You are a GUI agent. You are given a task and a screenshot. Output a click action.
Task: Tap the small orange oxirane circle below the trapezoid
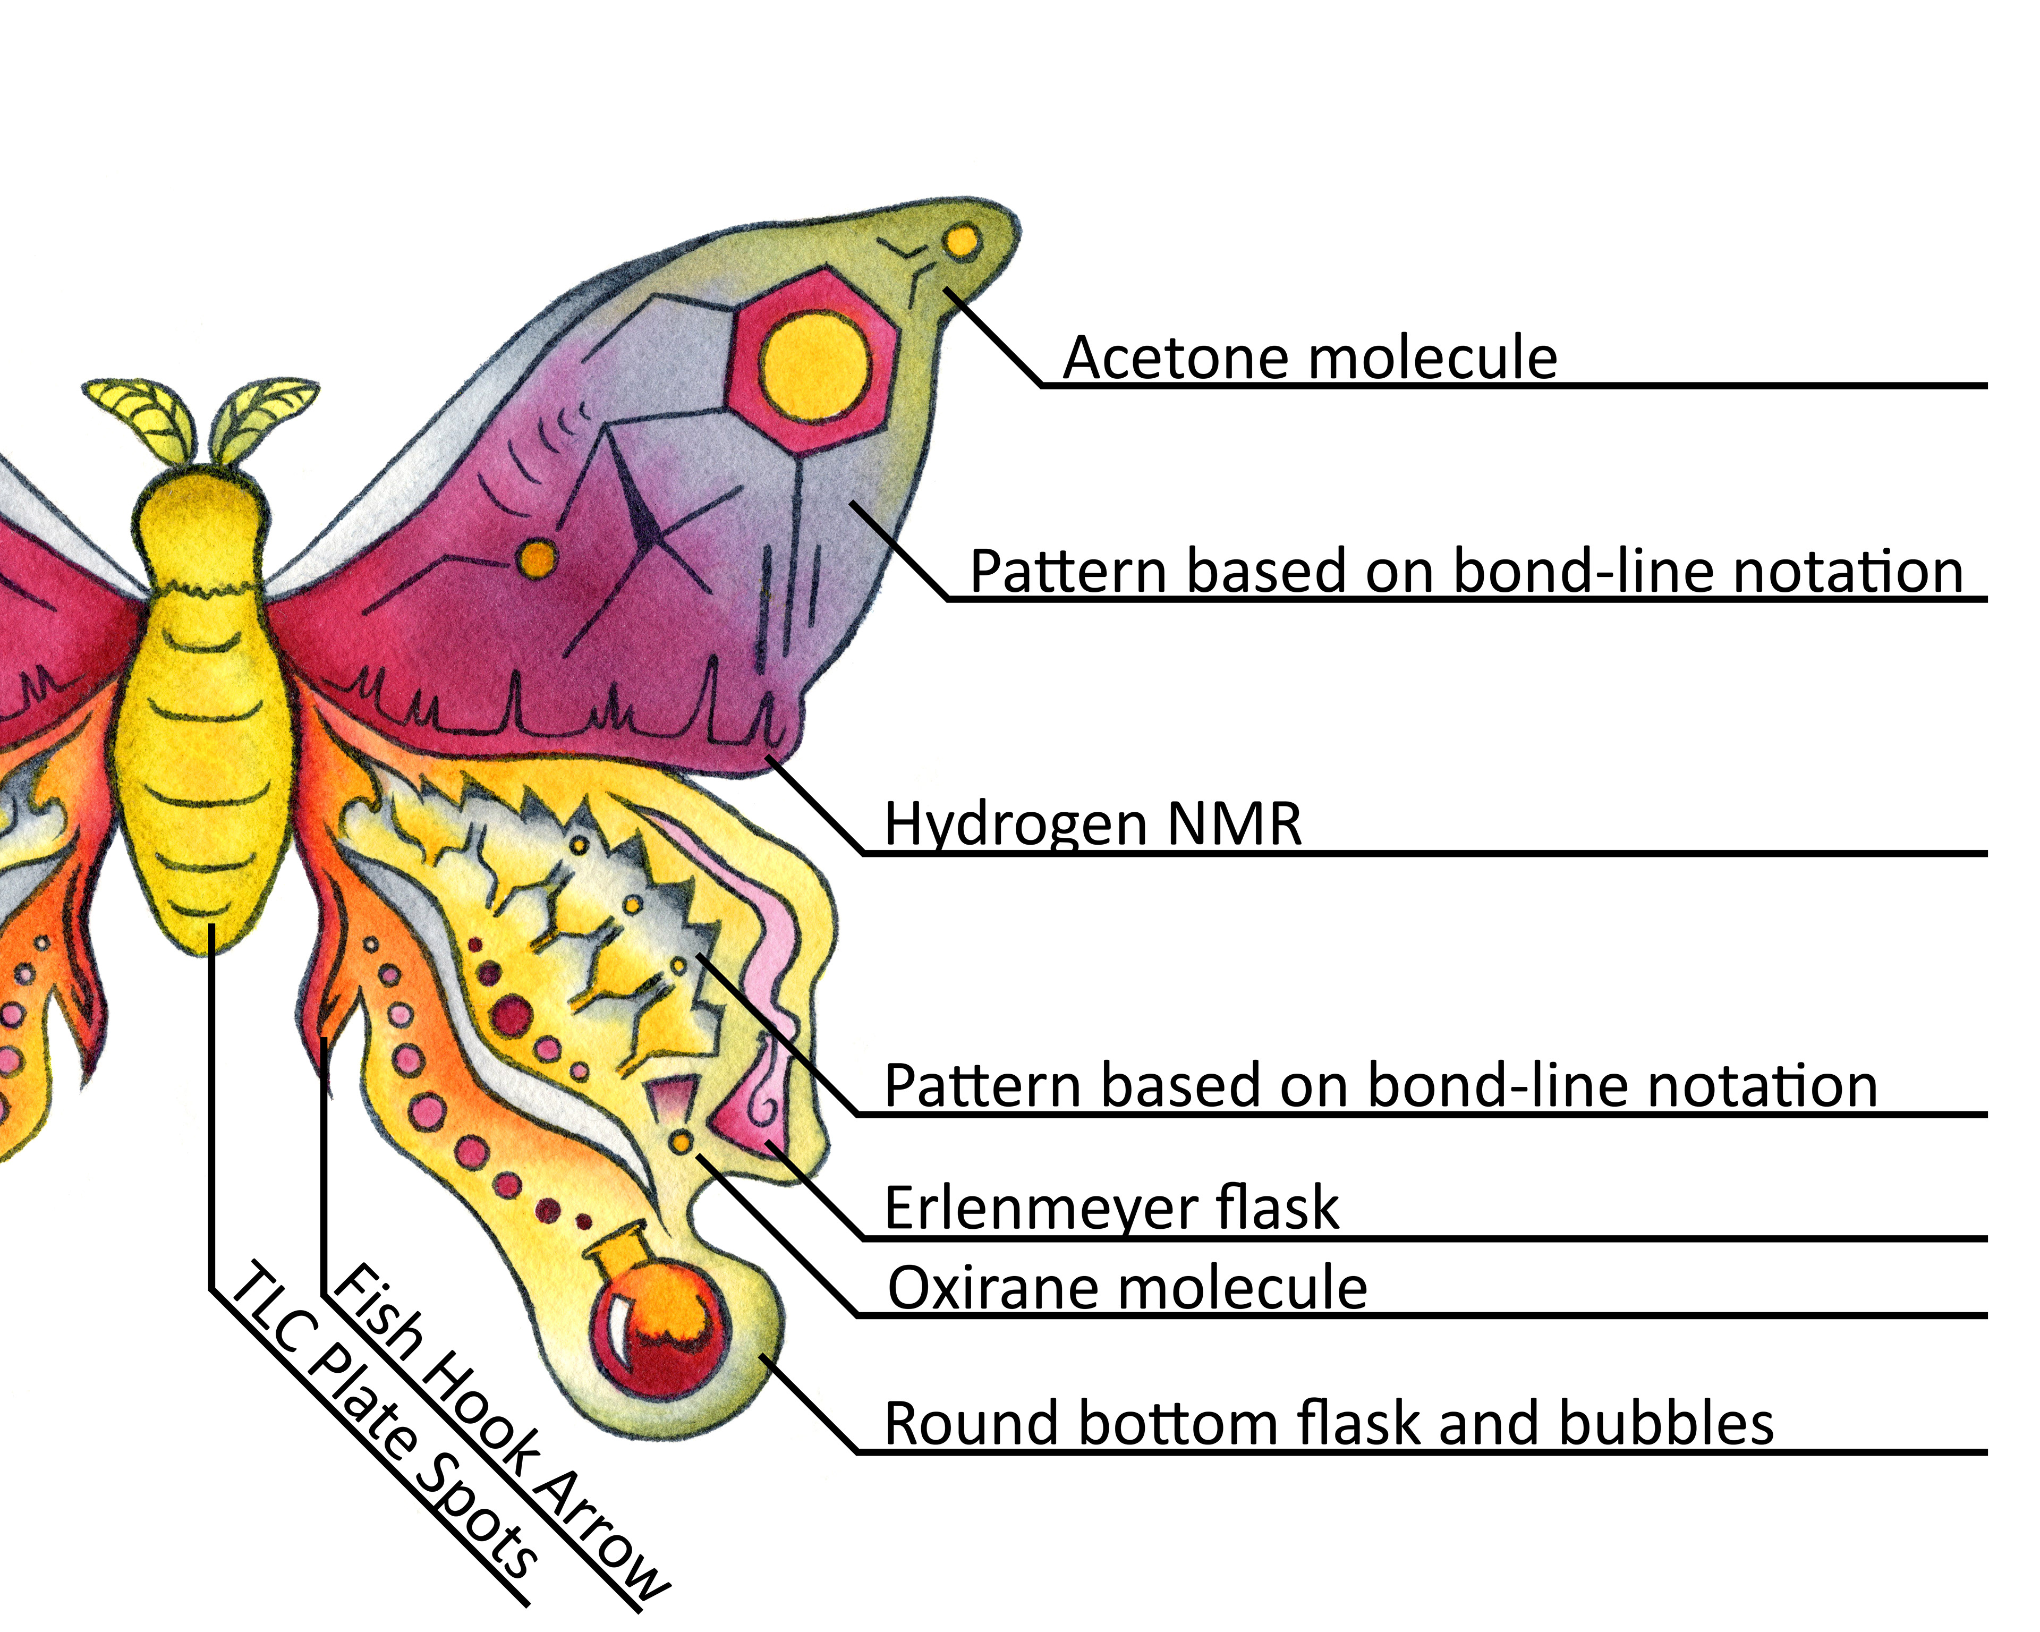[x=681, y=1142]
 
